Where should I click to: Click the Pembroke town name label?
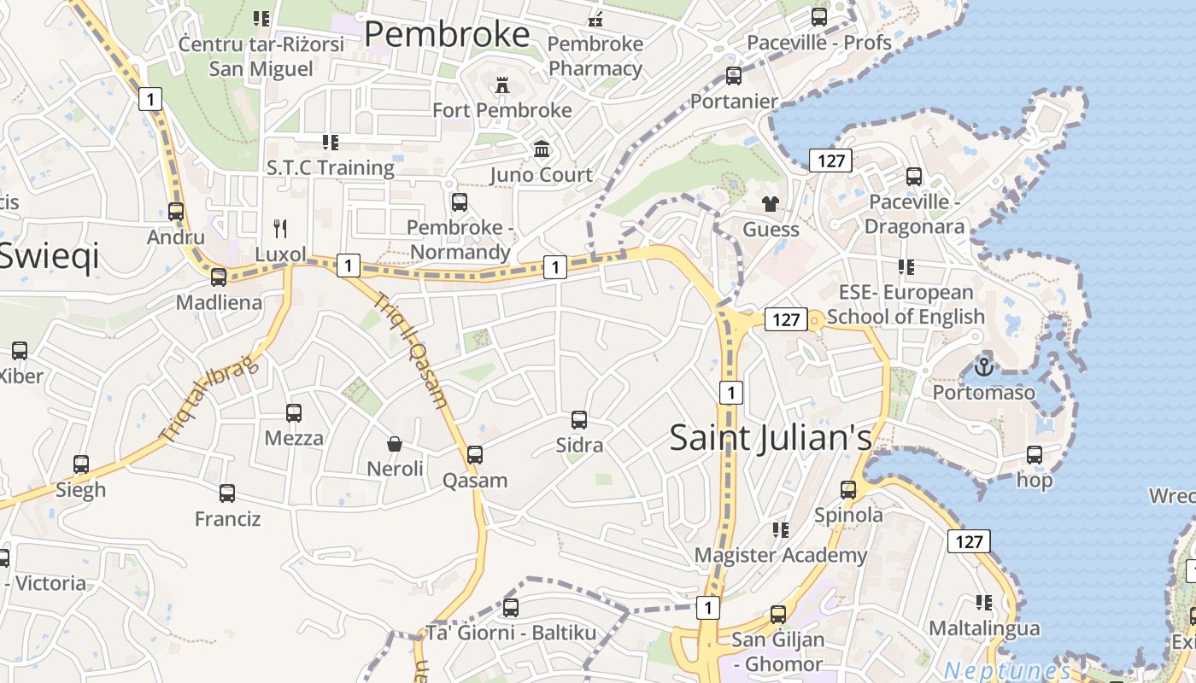point(447,34)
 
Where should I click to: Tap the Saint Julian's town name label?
point(771,437)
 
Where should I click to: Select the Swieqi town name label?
point(49,255)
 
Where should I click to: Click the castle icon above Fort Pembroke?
point(501,85)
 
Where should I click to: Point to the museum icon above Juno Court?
point(541,149)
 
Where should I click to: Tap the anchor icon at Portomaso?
point(983,368)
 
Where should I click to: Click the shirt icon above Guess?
point(771,204)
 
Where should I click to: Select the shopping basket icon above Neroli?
point(395,444)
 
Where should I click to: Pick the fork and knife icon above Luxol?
point(279,228)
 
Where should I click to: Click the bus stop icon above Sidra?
point(579,420)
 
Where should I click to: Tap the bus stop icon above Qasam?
point(475,455)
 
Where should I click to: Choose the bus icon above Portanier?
point(734,76)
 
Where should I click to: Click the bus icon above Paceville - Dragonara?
point(914,177)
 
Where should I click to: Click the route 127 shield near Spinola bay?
point(969,541)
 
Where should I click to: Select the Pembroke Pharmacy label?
point(595,55)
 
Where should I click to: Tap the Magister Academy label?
point(780,556)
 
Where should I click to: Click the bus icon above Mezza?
point(294,413)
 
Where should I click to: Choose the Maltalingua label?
point(984,629)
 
